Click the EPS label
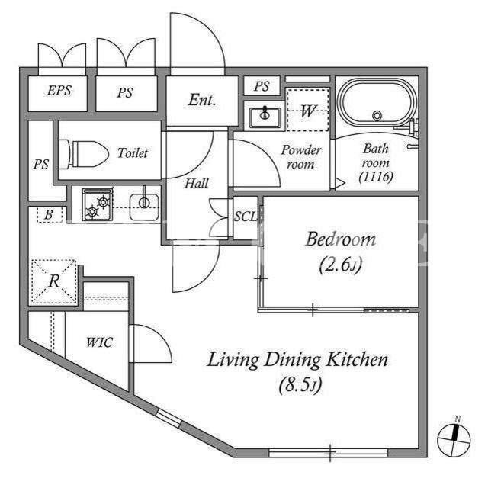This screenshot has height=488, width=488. pos(59,91)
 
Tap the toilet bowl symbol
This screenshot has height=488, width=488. pos(83,154)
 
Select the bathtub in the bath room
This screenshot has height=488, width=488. pos(377,102)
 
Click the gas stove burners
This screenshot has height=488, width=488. pos(98,204)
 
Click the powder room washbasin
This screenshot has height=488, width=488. pos(265,117)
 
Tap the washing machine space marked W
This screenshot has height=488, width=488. pos(307,110)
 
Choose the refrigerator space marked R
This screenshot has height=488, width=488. pos(54,281)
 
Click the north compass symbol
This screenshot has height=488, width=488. pos(454,439)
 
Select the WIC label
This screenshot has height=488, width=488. pos(99,342)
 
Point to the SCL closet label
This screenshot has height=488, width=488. pos(246,217)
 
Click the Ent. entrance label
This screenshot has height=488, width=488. pos(202,100)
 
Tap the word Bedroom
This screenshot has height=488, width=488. pos(341,239)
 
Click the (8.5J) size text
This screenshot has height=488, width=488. pos(300,385)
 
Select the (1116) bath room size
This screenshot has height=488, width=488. pos(376,177)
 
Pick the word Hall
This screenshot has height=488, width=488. pos(197,183)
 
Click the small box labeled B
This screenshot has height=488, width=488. pos(49,215)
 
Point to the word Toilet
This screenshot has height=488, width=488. pos(133,152)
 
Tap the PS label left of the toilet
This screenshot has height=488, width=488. pos(41,164)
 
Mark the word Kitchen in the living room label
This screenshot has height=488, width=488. pos(357,360)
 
